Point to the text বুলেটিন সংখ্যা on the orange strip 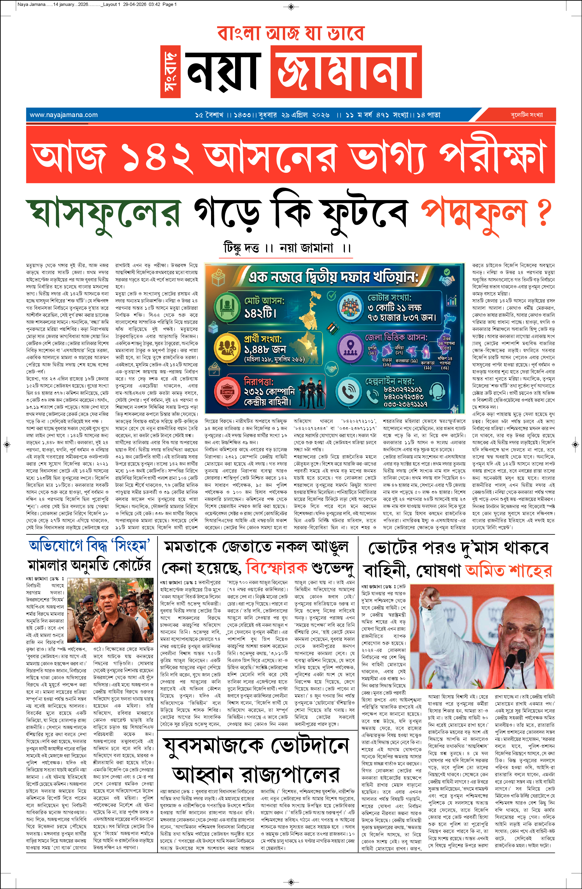click(x=527, y=115)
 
